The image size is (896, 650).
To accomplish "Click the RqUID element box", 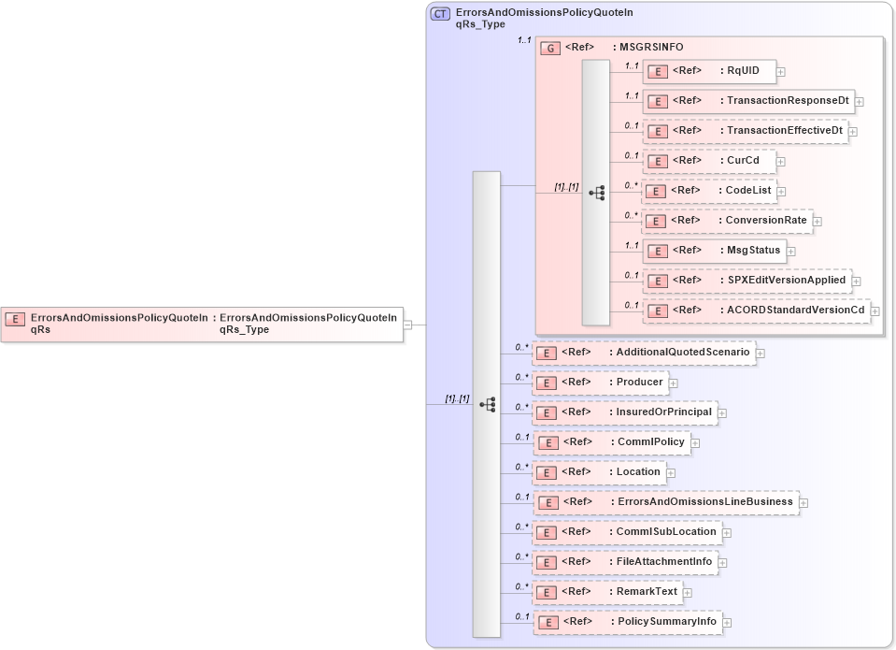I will [x=709, y=71].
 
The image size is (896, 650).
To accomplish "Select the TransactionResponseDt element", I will [x=747, y=101].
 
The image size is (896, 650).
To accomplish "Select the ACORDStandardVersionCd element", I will [x=756, y=311].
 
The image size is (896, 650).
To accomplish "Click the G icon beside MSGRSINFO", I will [x=551, y=47].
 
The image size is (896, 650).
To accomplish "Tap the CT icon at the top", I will [x=439, y=14].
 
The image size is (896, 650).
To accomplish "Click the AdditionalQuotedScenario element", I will [x=645, y=353].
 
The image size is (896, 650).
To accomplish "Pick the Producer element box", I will [x=601, y=383].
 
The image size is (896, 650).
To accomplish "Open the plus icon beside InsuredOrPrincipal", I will [x=722, y=412].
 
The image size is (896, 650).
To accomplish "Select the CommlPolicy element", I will [x=612, y=442].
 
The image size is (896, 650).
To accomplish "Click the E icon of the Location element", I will [x=549, y=472].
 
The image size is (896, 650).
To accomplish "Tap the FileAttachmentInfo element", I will [x=626, y=562].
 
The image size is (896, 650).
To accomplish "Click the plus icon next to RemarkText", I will [x=688, y=592].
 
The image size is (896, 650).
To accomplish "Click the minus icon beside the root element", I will [x=408, y=325].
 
